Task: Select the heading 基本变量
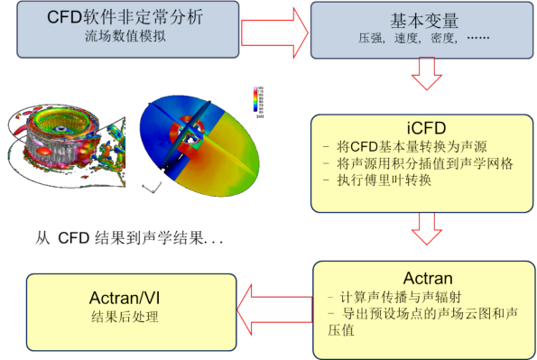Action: (416, 18)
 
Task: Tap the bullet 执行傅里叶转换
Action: (379, 180)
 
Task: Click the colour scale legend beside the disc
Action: (259, 102)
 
